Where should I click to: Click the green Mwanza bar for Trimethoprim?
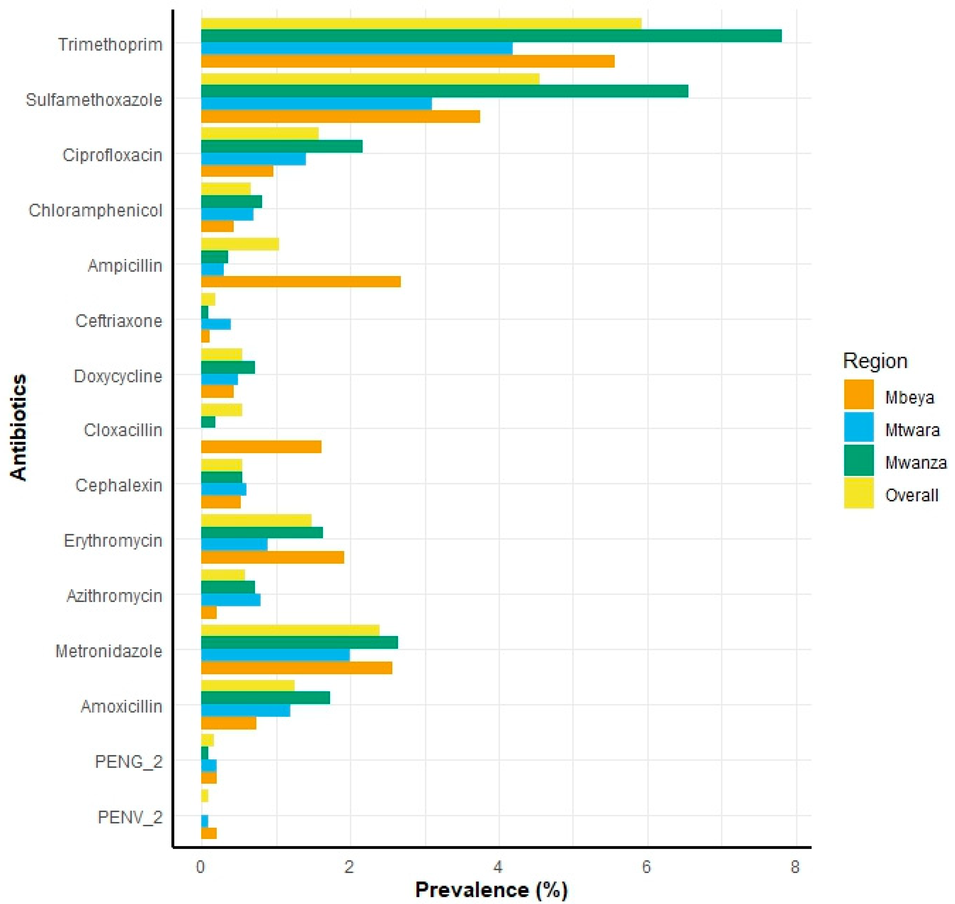pyautogui.click(x=491, y=36)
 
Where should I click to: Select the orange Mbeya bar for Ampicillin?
pyautogui.click(x=300, y=281)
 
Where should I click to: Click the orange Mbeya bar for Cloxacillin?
pyautogui.click(x=261, y=447)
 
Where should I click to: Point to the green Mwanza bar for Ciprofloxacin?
pyautogui.click(x=281, y=146)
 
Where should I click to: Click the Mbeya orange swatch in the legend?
pyautogui.click(x=859, y=394)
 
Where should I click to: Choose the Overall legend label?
pyautogui.click(x=911, y=495)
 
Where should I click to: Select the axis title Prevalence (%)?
pyautogui.click(x=491, y=889)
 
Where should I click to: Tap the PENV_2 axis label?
pyautogui.click(x=130, y=817)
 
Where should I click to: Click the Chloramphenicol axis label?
pyautogui.click(x=95, y=211)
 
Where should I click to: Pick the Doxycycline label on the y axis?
pyautogui.click(x=118, y=376)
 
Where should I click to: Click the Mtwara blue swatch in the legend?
pyautogui.click(x=859, y=427)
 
